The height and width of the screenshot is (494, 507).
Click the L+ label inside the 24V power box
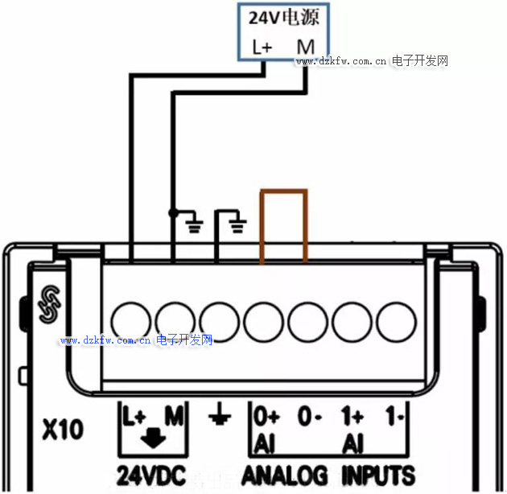click(x=262, y=47)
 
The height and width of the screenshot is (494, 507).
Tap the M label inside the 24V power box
click(x=306, y=47)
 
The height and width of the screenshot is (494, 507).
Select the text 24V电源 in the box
click(x=284, y=18)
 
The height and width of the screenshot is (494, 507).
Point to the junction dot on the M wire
click(x=173, y=213)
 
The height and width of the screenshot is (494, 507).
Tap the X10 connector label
click(x=63, y=429)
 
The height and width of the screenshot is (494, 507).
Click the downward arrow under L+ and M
click(x=153, y=438)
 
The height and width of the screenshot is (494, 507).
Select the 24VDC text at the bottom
click(x=151, y=475)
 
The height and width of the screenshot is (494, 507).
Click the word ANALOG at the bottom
click(x=284, y=475)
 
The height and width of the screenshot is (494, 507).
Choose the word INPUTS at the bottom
click(x=378, y=475)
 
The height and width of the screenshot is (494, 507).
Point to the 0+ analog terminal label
click(x=266, y=416)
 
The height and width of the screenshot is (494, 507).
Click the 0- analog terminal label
click(x=310, y=416)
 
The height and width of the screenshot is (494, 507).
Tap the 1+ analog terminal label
click(x=352, y=416)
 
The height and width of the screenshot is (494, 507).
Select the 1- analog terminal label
click(x=394, y=416)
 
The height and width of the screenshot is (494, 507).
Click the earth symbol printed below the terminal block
click(x=220, y=414)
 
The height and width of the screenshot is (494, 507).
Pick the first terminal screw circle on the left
click(x=130, y=322)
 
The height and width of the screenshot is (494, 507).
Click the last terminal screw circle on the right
click(x=396, y=322)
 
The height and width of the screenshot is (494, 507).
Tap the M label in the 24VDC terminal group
click(x=175, y=415)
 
